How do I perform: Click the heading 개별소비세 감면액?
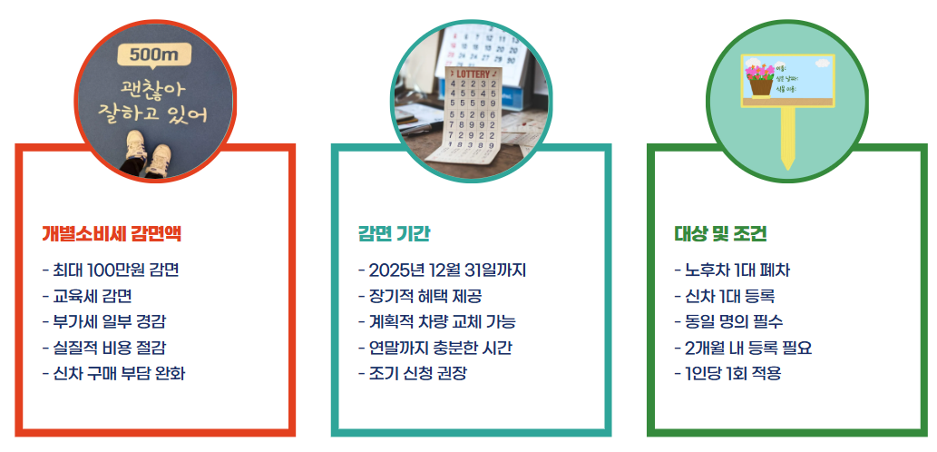[x=112, y=233]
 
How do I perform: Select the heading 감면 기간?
[x=394, y=233]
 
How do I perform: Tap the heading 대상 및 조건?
[x=720, y=233]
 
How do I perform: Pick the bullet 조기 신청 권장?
[x=412, y=372]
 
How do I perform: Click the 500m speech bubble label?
[x=154, y=56]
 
